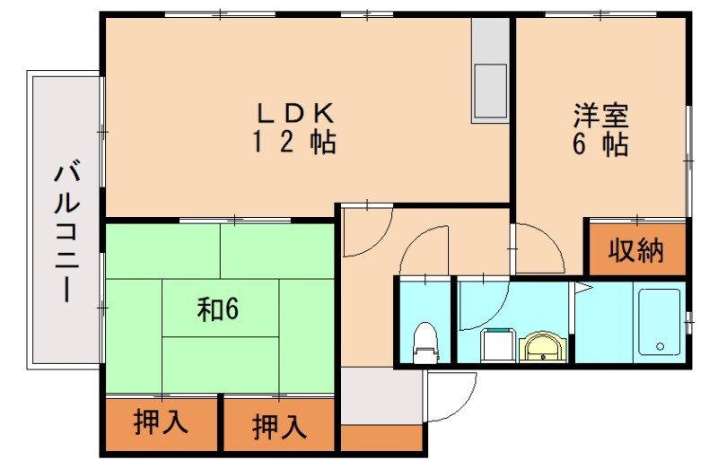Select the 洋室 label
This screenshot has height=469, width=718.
point(600,116)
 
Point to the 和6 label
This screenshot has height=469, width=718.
point(217,309)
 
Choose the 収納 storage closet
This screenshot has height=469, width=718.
point(636,251)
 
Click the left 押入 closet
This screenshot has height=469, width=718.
point(161,422)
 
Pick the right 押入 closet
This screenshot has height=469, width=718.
point(279,424)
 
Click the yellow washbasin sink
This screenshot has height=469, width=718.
point(543,347)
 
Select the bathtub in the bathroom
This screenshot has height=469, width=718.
point(660,320)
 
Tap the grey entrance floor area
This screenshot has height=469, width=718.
point(381,395)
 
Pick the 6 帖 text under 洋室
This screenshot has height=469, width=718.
point(600,145)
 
